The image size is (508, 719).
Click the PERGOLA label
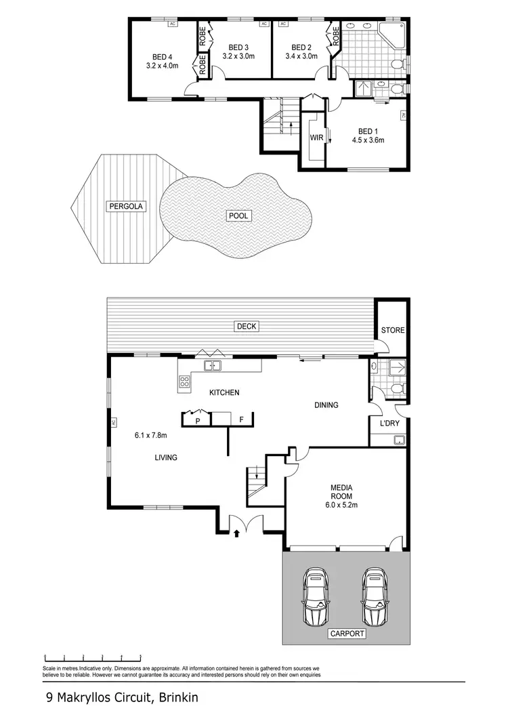(125, 205)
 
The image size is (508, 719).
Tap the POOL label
(238, 216)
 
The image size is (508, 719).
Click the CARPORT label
(347, 634)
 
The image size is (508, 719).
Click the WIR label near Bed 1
(316, 138)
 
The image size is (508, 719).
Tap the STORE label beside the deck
(392, 331)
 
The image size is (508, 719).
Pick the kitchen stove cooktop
(184, 382)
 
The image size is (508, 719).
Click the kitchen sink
(213, 367)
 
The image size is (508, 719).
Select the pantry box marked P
(198, 421)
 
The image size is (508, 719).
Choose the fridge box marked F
(240, 421)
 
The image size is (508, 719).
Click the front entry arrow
(236, 534)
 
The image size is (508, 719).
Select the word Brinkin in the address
(179, 697)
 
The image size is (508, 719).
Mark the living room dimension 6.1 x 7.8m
(151, 435)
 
